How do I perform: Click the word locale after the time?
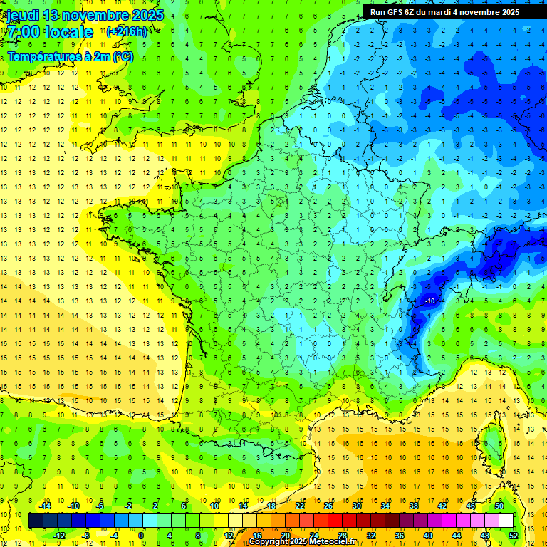68,32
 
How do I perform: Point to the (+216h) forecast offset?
126,32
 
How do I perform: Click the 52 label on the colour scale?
513,535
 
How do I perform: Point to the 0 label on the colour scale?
141,535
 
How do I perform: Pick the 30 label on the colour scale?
356,506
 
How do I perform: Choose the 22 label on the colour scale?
300,506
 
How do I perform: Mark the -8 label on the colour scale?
85,535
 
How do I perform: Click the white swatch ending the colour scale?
506,521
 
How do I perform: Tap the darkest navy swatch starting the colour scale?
36,521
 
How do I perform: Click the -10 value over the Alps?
429,301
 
